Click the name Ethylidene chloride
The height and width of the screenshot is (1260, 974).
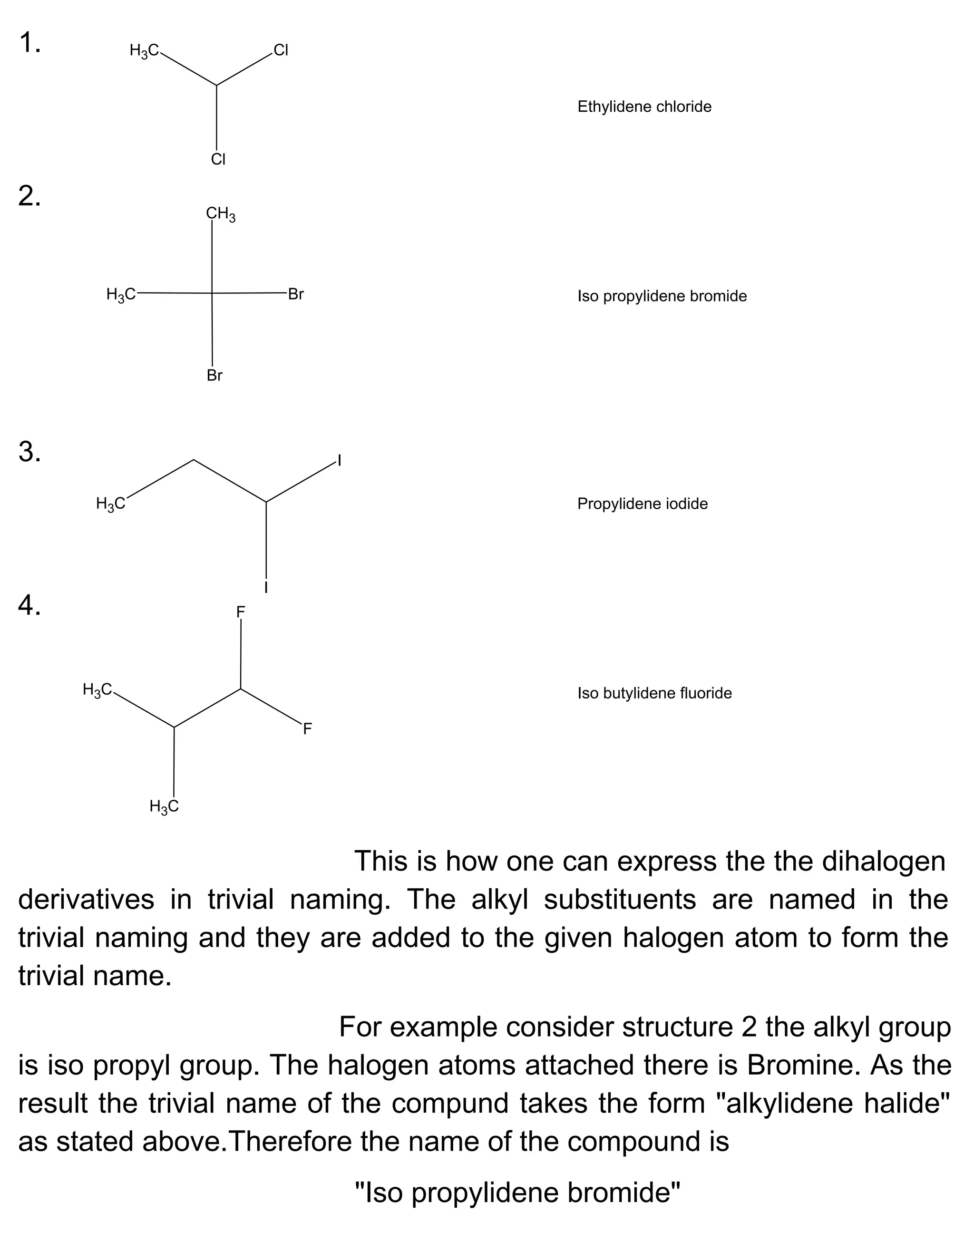[x=644, y=107]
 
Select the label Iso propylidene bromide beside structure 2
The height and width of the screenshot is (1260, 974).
[x=662, y=296]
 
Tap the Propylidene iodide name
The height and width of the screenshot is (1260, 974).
[x=642, y=504]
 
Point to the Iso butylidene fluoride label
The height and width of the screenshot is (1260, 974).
[x=654, y=693]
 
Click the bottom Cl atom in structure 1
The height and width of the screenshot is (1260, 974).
[x=218, y=159]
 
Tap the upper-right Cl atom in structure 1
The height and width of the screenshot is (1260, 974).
[x=281, y=50]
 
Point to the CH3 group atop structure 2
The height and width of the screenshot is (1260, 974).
[x=220, y=214]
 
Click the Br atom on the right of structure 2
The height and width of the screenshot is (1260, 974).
[x=296, y=294]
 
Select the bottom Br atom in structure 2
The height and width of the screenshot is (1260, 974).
[x=214, y=376]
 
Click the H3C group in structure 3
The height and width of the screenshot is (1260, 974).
[x=110, y=504]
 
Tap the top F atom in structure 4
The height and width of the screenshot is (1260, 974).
[x=241, y=611]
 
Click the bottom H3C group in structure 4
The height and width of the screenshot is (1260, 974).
[x=164, y=806]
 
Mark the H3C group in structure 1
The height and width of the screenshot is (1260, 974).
[x=144, y=51]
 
